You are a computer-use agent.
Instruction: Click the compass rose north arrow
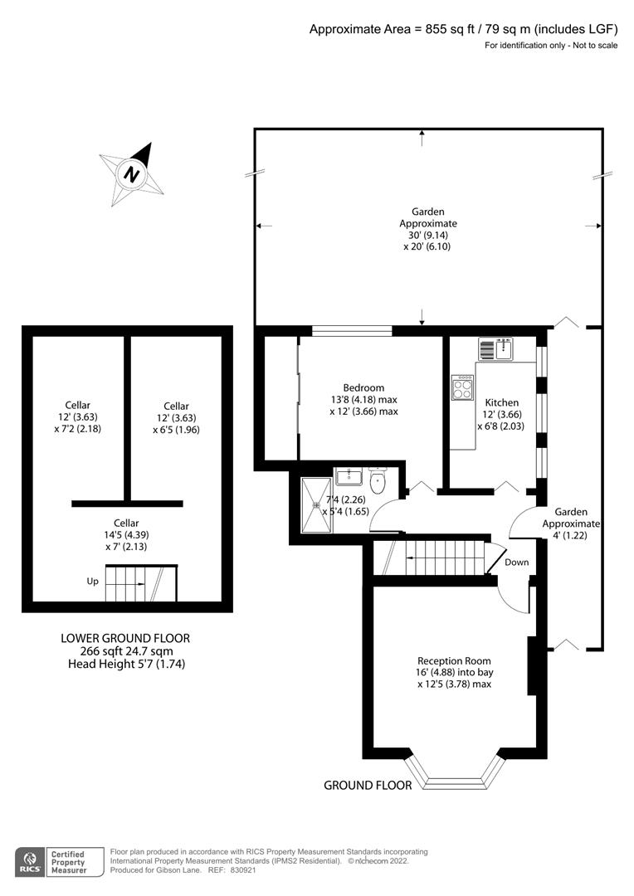132,173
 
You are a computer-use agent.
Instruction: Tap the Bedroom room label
363,387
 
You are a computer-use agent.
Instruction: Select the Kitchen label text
502,402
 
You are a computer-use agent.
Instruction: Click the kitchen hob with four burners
462,387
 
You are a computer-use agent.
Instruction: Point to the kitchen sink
496,349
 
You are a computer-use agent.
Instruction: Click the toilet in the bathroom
378,480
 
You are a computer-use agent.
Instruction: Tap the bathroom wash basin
348,475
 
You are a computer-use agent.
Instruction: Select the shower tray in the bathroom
316,504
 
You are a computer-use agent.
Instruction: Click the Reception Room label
454,660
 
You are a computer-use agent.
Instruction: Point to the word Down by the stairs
517,562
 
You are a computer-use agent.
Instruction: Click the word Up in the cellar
93,581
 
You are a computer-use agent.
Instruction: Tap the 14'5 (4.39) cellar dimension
126,535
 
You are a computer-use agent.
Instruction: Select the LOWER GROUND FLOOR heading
125,638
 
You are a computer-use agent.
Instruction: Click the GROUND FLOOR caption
368,785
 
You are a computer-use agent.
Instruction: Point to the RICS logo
30,862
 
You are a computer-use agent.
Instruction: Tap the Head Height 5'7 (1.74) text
126,664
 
